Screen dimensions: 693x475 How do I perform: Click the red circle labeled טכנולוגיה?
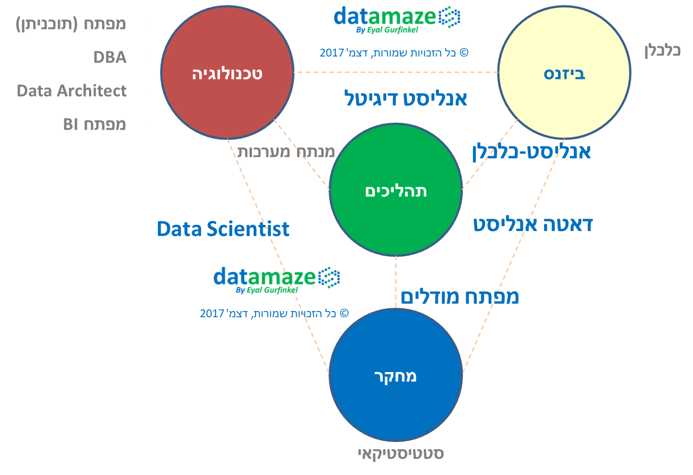coord(227,72)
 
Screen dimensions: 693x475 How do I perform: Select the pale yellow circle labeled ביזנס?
coord(564,72)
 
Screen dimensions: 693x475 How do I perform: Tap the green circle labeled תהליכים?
coord(396,190)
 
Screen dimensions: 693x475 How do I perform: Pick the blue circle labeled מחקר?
coord(396,375)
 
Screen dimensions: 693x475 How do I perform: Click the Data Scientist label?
coord(223,229)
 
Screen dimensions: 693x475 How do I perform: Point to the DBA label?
coord(110,57)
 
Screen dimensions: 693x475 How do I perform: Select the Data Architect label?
coord(72,91)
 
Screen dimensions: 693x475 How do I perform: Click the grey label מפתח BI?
coord(95,124)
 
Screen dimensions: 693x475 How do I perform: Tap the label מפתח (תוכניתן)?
coord(71,24)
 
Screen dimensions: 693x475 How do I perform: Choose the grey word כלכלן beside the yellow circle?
coord(662,50)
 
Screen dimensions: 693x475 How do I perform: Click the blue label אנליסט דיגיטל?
coord(406,98)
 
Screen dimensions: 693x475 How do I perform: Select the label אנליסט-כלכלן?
coord(531,152)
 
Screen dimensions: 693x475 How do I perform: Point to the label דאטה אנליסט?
coord(533,224)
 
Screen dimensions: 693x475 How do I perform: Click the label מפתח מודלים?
coord(460,297)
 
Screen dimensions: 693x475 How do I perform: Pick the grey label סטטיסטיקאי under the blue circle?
coord(401,454)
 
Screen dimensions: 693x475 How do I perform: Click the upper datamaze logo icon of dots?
coord(449,17)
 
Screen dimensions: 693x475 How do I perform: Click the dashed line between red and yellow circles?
coord(396,72)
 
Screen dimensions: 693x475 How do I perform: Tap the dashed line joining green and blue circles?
coord(396,282)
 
